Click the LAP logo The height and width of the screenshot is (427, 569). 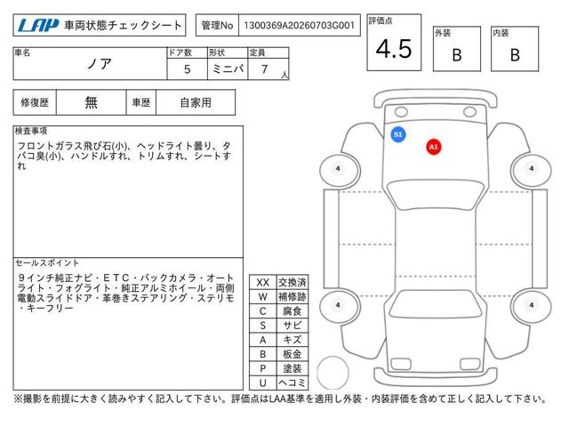point(38,26)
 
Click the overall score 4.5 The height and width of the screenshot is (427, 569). point(394,49)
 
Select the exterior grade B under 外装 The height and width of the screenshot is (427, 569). point(456,55)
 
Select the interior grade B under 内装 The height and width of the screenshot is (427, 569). point(515,55)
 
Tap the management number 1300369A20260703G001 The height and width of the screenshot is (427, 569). point(299,26)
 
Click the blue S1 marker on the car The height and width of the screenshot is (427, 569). point(398,134)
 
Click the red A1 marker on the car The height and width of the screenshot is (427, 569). point(434,147)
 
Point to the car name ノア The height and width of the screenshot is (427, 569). point(99,64)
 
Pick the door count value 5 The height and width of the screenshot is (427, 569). point(188,69)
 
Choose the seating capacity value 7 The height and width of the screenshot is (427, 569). point(265,69)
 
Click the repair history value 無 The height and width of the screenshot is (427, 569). point(91,103)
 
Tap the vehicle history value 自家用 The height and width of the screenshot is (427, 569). point(196,103)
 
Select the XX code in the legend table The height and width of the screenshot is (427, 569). point(263,283)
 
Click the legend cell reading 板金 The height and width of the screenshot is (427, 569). point(293,354)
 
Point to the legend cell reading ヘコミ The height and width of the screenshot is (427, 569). point(293,383)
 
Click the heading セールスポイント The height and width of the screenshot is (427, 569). point(47,263)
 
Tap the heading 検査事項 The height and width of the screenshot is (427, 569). point(31,131)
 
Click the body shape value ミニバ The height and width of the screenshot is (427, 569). point(228,69)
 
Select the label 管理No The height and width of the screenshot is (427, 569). point(217,26)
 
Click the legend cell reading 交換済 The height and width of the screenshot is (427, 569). point(293,283)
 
